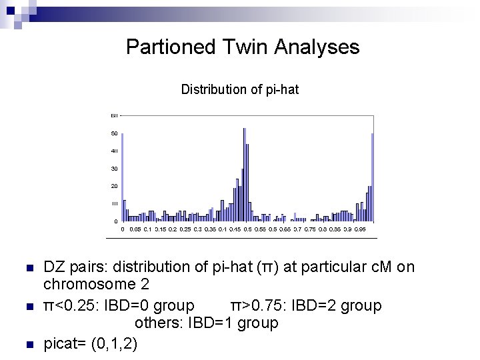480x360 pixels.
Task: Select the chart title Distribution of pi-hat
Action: (x=240, y=89)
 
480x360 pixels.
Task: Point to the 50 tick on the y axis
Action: (x=115, y=134)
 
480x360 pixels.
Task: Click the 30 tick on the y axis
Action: (x=115, y=169)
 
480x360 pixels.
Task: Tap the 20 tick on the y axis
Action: (x=115, y=186)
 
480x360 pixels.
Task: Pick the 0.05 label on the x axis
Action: (x=135, y=229)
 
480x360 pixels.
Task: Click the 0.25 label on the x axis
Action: (x=185, y=229)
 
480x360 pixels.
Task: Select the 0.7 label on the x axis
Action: (x=297, y=229)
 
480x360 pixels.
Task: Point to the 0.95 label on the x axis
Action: (x=359, y=229)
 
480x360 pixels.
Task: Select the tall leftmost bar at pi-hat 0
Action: (x=123, y=177)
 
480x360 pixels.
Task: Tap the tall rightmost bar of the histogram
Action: (x=372, y=177)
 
